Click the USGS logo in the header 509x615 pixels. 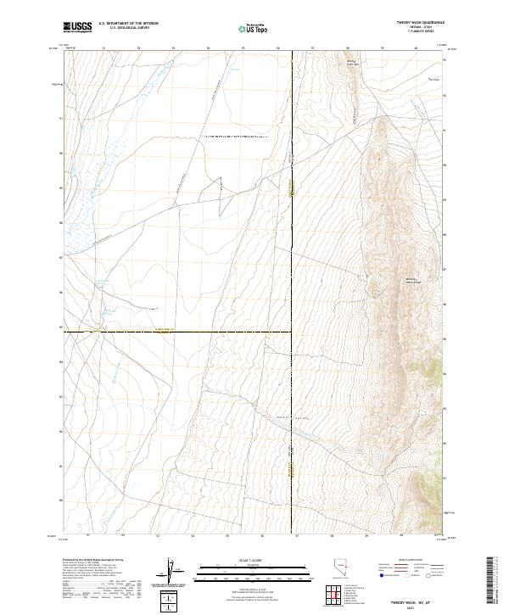[x=77, y=27]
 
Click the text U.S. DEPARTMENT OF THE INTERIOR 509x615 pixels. [x=128, y=24]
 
